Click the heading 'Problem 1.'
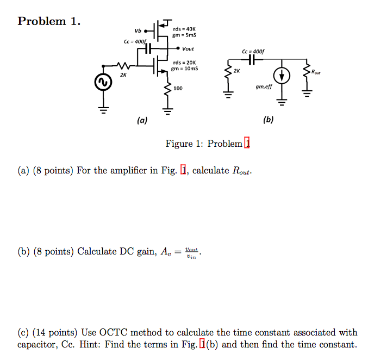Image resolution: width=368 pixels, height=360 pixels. [49, 21]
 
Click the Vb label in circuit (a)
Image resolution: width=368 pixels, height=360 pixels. [138, 30]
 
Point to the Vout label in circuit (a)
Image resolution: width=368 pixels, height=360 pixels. [188, 48]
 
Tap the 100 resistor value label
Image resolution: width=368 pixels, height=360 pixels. [178, 88]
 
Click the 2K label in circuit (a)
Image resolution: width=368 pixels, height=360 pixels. [123, 75]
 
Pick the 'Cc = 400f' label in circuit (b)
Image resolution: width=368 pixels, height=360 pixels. [254, 52]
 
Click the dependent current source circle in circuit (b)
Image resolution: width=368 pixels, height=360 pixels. [282, 76]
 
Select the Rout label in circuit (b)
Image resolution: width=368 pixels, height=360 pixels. [316, 71]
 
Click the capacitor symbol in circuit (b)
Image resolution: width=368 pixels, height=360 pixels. [253, 59]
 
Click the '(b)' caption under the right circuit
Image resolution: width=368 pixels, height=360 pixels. [267, 120]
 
